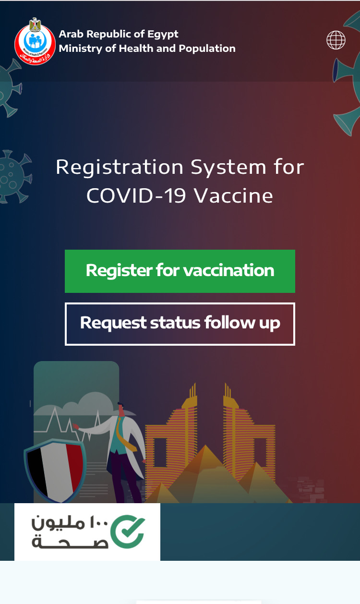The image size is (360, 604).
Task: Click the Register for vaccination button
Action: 180,271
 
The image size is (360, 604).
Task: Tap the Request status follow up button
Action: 180,324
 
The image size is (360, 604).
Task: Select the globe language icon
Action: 336,40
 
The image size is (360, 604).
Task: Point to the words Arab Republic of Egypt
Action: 119,34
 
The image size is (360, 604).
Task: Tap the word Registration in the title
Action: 120,167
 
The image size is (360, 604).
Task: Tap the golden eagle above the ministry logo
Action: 35,24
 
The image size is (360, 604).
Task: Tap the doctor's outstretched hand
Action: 76,426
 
